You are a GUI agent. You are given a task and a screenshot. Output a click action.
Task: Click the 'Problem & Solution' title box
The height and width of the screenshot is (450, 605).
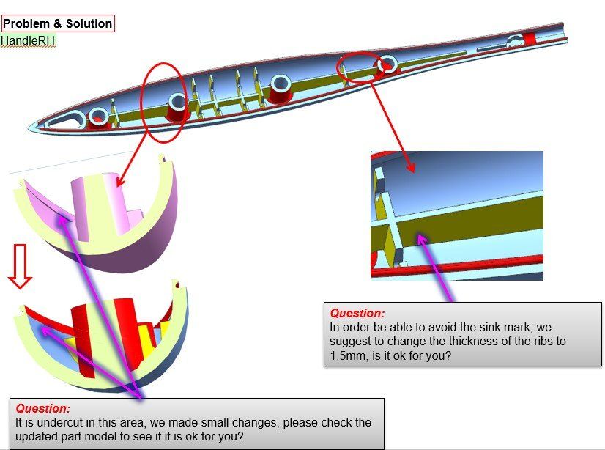58,23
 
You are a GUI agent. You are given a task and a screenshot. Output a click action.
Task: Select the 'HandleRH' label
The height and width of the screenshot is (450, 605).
28,40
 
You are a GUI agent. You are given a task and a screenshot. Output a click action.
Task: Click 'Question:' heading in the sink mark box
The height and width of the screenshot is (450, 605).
357,313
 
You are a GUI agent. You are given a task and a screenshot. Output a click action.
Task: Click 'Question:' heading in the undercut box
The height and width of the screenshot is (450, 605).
43,408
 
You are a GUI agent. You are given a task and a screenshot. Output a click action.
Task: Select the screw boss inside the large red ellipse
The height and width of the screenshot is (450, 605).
176,106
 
